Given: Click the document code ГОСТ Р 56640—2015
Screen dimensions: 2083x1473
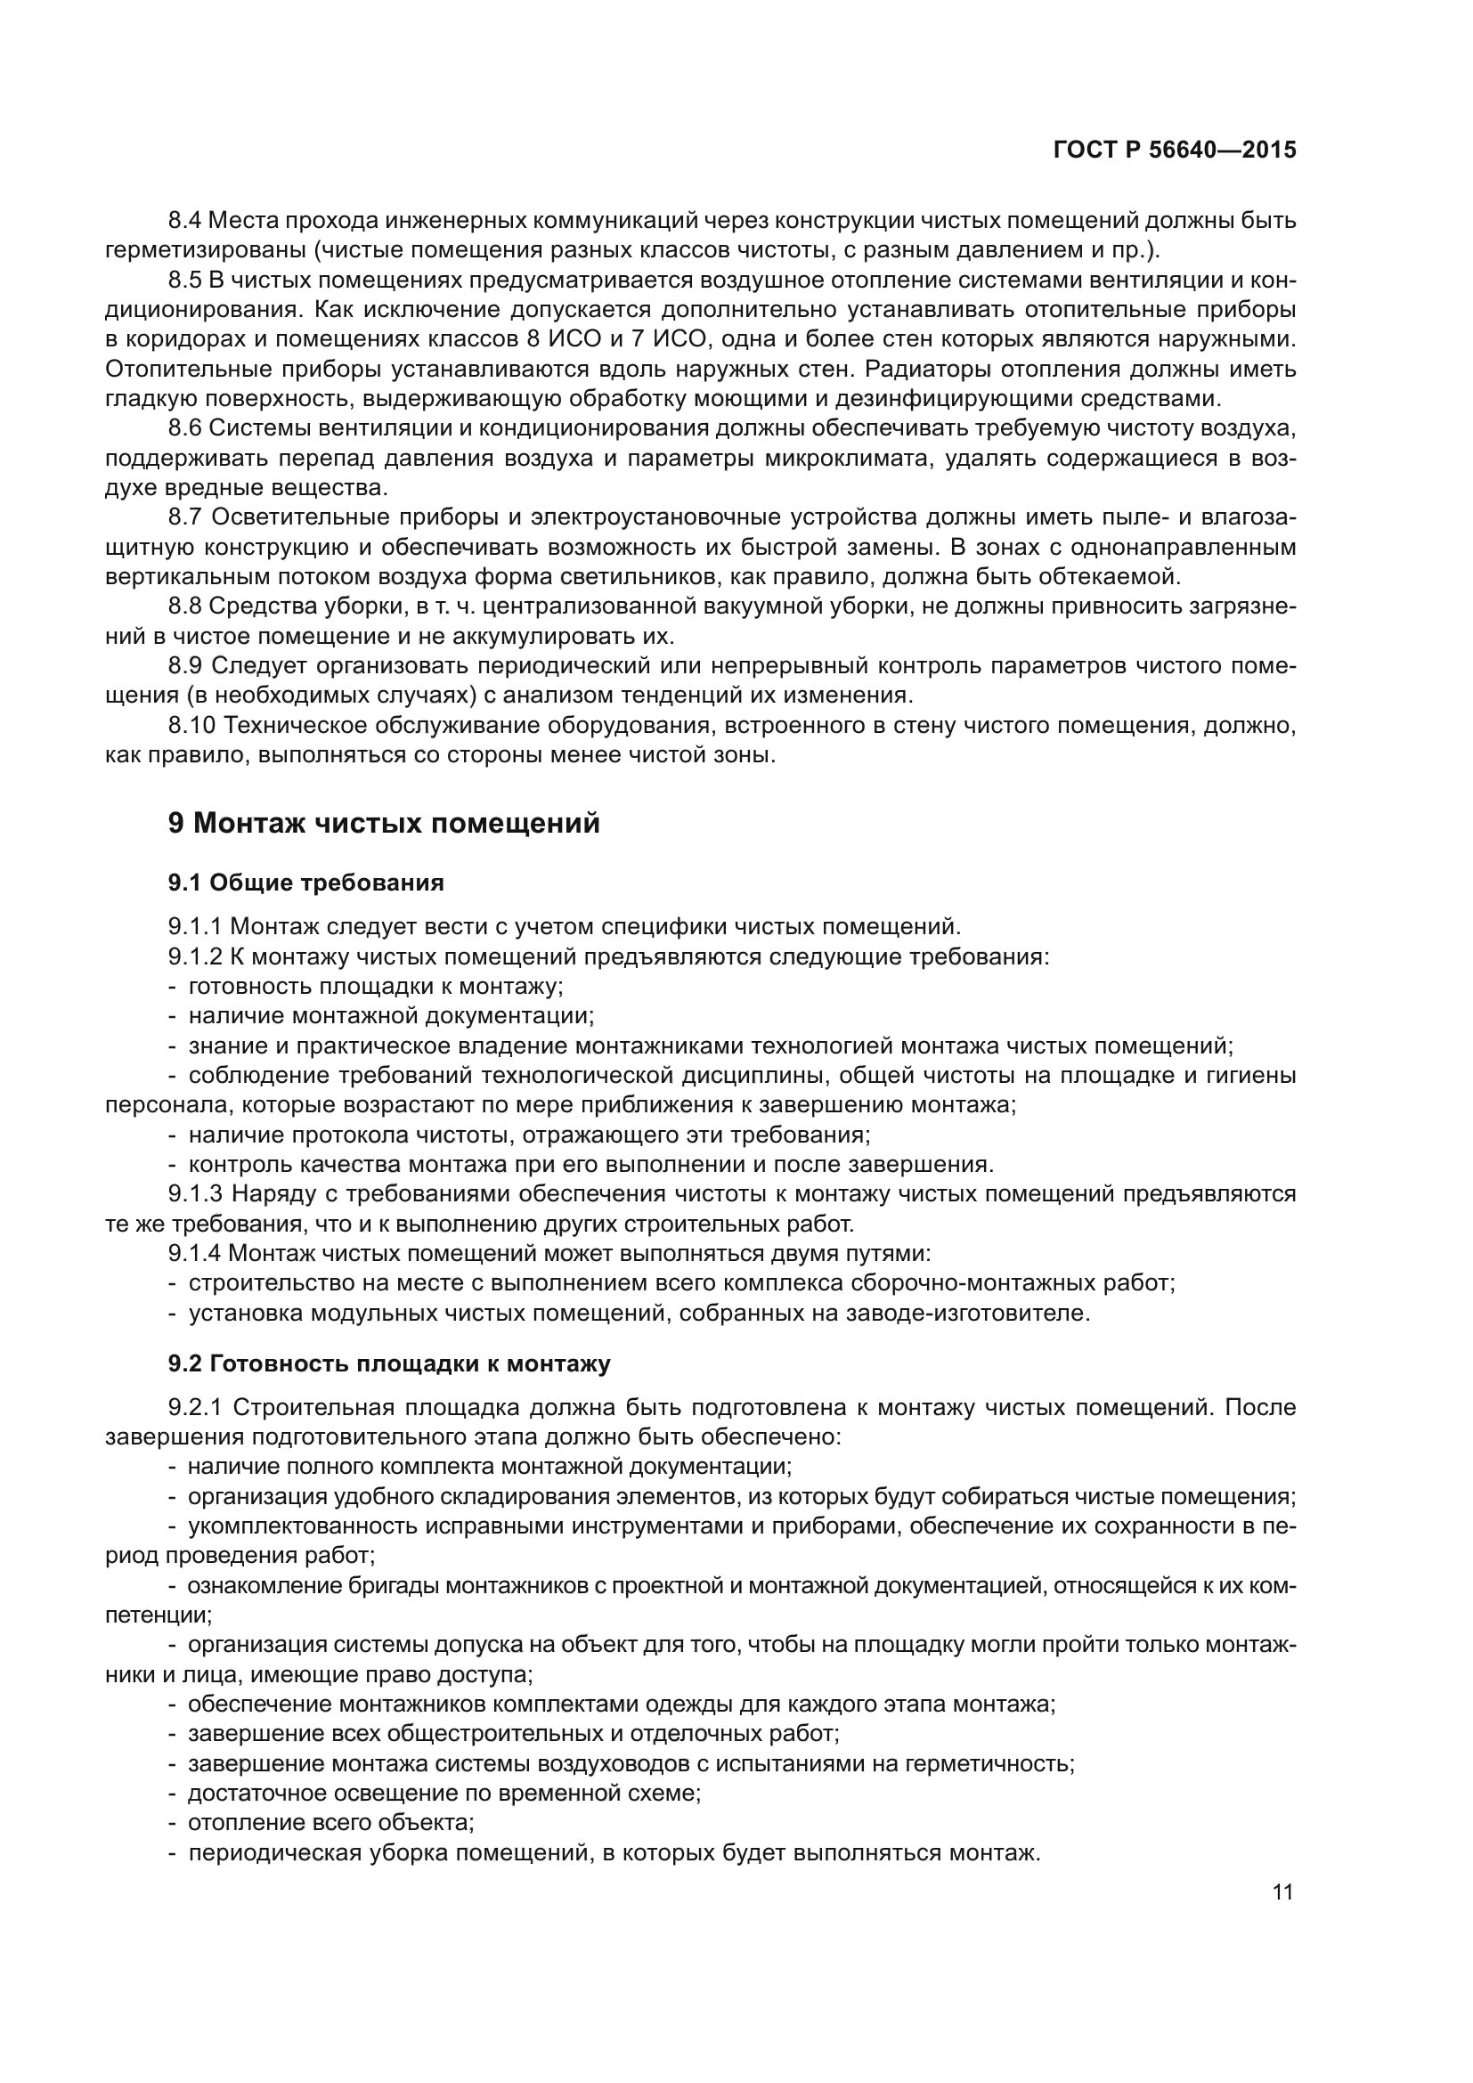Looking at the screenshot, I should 1175,151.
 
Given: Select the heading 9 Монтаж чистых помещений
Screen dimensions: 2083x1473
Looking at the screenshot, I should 384,824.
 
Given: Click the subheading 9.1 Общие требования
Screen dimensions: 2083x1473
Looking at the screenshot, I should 305,883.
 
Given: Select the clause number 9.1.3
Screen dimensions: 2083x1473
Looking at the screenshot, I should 195,1194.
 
